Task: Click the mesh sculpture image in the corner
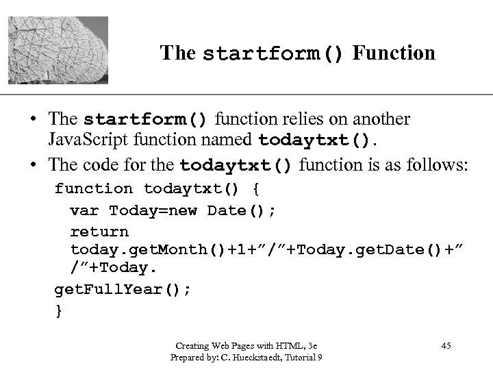tap(55, 49)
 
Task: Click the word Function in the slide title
tap(394, 53)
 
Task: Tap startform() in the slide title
tap(274, 53)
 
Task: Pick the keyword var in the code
tap(86, 210)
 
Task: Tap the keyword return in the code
tap(99, 232)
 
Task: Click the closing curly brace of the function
tap(58, 311)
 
